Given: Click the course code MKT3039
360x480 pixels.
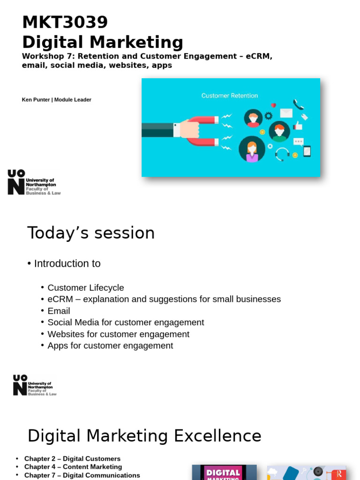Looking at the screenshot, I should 65,22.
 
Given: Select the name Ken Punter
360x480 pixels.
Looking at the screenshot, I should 36,100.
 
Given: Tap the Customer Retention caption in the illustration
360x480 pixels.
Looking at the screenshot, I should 229,96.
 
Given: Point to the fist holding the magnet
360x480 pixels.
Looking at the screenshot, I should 189,129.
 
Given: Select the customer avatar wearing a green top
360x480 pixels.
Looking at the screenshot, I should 279,132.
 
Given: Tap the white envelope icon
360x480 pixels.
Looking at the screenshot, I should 286,113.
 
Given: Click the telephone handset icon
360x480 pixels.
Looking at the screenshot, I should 298,104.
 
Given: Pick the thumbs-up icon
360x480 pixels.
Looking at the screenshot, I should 298,125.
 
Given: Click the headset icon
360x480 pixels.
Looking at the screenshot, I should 282,154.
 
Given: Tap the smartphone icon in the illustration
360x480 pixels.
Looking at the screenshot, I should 307,151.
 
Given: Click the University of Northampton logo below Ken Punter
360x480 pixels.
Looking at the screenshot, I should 34,182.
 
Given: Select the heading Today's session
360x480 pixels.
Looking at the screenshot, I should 91,233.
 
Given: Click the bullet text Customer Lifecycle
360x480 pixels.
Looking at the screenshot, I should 86,288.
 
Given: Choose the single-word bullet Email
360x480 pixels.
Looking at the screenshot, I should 59,311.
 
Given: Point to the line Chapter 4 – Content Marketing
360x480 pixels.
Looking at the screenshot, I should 73,467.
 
